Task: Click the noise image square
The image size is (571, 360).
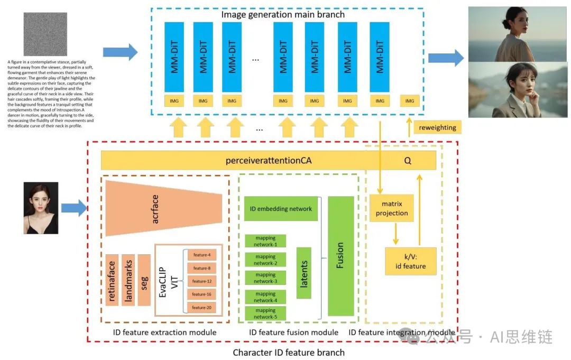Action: point(45,34)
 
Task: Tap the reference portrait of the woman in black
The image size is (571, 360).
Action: point(41,208)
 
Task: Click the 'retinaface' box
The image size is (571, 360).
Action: point(112,280)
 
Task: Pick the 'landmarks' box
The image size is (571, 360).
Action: point(128,280)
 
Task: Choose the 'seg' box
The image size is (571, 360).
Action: point(144,280)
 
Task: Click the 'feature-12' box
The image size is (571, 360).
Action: point(201,281)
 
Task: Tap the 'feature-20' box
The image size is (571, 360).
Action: point(201,308)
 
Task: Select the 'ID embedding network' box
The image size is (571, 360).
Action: point(281,209)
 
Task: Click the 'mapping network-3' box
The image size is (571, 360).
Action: point(265,278)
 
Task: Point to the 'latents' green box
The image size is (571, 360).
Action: point(303,273)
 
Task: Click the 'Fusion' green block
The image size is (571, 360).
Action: point(340,256)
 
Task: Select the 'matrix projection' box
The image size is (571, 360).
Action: point(392,209)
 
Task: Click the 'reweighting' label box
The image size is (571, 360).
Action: point(437,127)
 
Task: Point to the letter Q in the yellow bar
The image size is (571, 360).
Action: point(408,161)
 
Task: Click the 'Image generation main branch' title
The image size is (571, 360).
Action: point(283,14)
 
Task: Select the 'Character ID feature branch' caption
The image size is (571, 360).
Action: point(289,352)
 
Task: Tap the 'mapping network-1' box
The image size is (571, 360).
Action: point(265,241)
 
